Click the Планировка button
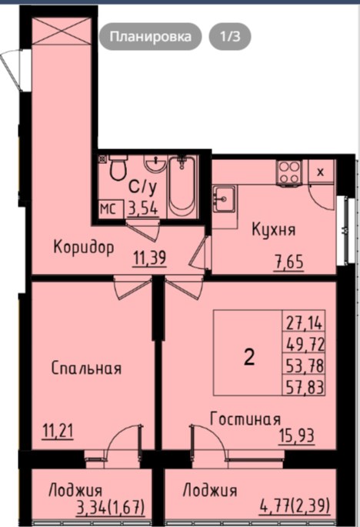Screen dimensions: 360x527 point(150,36)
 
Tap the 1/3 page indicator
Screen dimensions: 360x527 point(230,36)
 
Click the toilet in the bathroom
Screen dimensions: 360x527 point(118,167)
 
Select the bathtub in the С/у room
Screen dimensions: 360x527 point(182,186)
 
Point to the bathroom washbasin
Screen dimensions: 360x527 point(155,163)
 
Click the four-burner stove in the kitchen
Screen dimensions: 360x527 point(288,172)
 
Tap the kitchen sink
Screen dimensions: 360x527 point(224,198)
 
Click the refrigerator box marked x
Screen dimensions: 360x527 point(321,172)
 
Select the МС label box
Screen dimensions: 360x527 point(108,209)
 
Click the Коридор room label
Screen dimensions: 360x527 point(84,248)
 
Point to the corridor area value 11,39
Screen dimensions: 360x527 point(149,259)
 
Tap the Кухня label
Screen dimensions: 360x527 point(274,230)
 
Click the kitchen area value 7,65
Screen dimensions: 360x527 point(289,262)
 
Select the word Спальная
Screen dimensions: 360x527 point(86,368)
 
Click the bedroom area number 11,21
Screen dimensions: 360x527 point(58,431)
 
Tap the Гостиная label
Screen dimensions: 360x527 point(245,419)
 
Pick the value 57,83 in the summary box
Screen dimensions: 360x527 point(305,387)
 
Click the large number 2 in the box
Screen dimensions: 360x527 point(249,357)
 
